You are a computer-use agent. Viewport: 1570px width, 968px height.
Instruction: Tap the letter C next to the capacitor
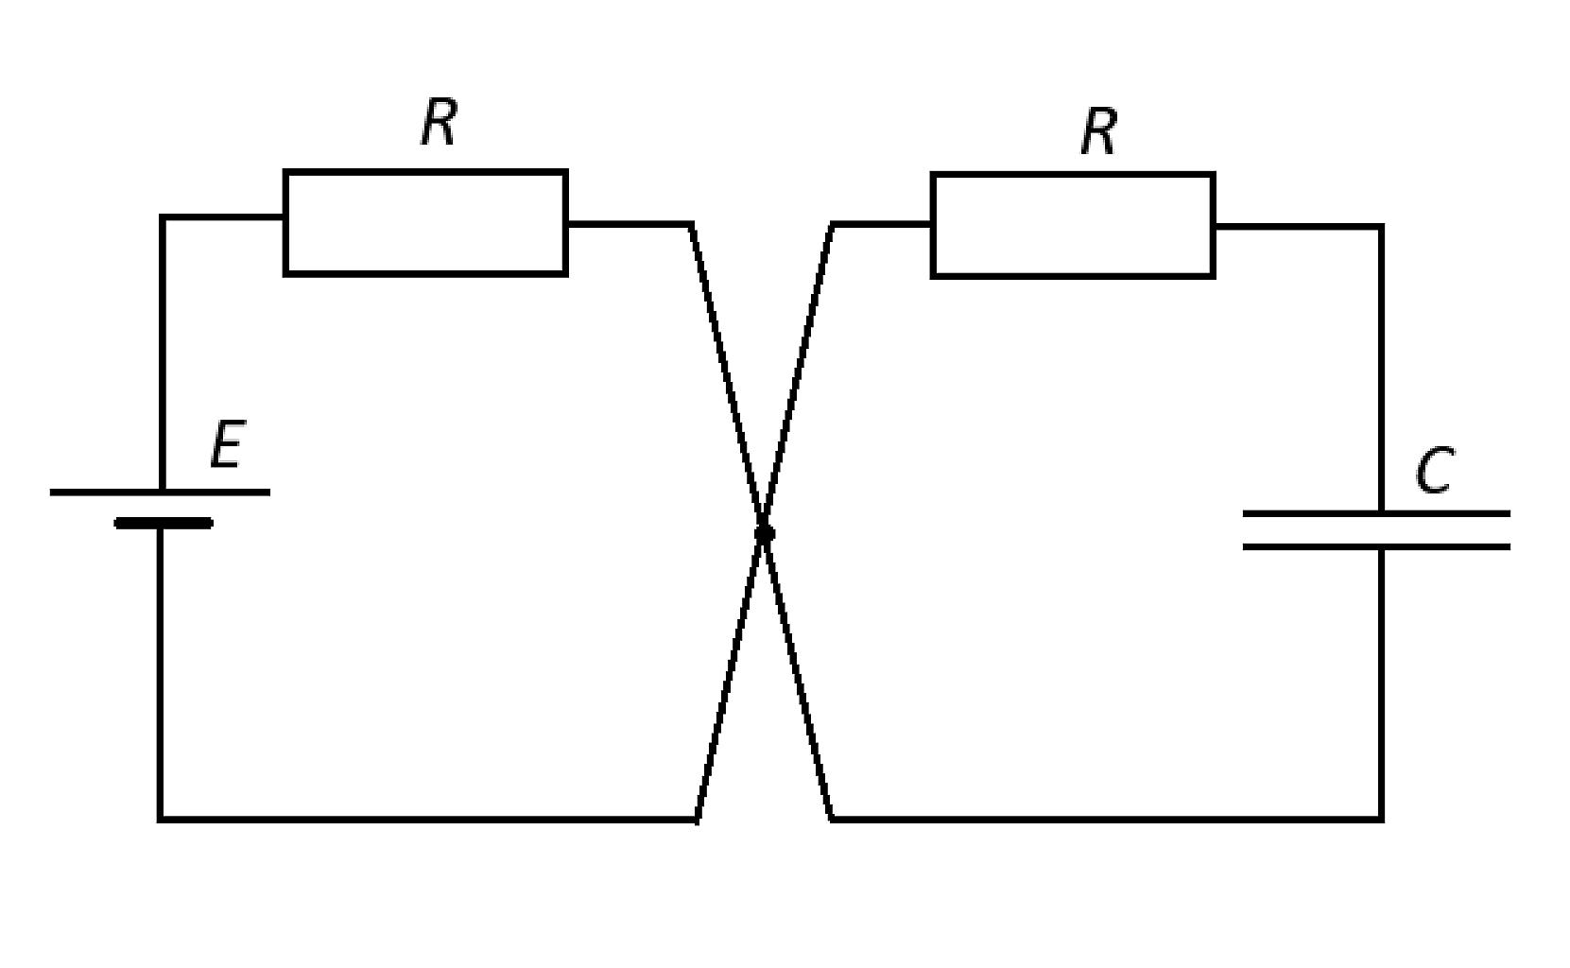click(x=1434, y=470)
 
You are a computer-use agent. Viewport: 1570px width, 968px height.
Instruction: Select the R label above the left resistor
click(x=439, y=121)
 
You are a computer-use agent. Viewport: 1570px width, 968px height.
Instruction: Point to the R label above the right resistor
click(x=1098, y=131)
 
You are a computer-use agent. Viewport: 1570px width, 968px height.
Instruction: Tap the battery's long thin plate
click(x=160, y=493)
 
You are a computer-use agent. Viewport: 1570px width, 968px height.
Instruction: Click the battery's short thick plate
click(x=164, y=523)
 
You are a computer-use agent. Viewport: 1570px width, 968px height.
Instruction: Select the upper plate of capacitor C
click(x=1376, y=514)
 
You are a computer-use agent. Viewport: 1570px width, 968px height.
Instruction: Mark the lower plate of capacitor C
click(x=1376, y=546)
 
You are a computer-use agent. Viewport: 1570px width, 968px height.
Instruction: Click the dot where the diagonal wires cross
click(x=765, y=534)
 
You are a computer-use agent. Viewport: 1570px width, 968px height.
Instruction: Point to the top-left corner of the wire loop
click(x=163, y=217)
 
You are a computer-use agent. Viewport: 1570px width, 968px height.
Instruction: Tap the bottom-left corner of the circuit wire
click(x=161, y=819)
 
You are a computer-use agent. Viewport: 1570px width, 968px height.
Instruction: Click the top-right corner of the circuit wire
click(x=1382, y=227)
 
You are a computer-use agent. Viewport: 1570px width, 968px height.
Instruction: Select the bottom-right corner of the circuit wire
click(x=1382, y=819)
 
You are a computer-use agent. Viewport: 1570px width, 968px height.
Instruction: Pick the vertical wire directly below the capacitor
click(x=1382, y=684)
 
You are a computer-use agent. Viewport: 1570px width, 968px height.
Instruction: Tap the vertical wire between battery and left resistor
click(x=163, y=354)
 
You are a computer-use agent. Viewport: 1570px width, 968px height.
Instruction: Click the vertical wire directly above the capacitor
click(x=1382, y=369)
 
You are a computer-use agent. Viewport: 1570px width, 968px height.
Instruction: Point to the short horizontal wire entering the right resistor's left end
click(x=882, y=224)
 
